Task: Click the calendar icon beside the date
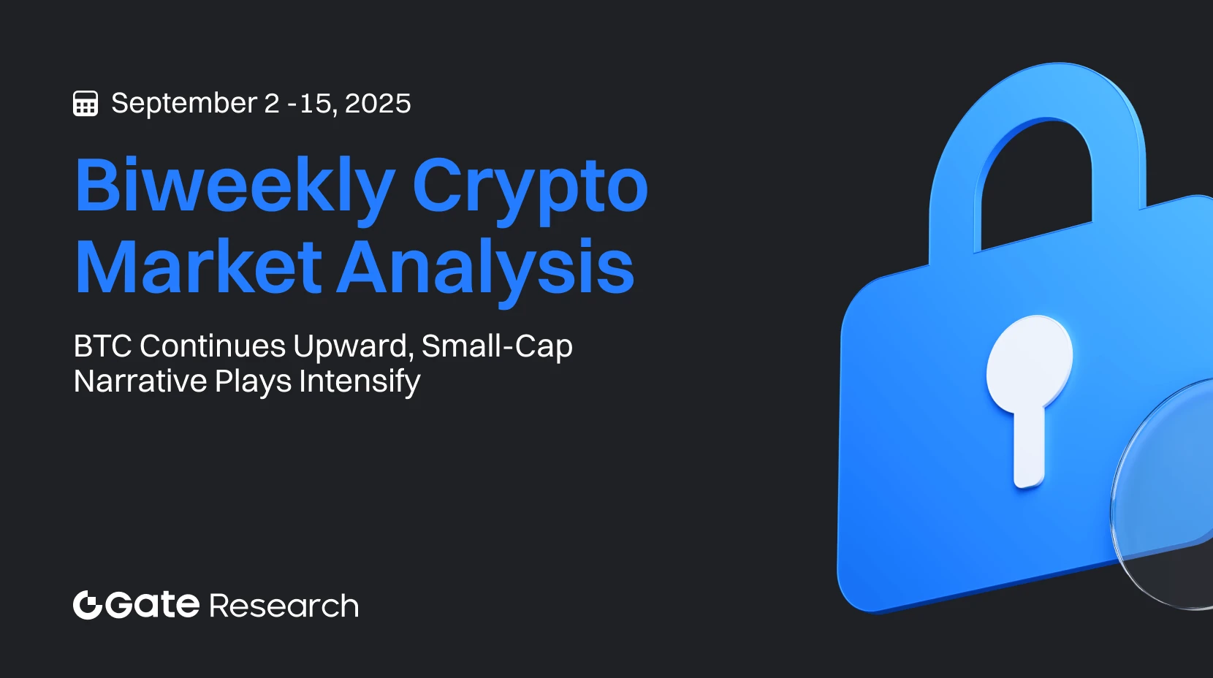coord(85,104)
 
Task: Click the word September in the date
coord(184,104)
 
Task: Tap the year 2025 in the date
coord(378,104)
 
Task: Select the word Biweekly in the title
coord(235,186)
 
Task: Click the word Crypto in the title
coord(530,186)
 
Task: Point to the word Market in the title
coord(198,267)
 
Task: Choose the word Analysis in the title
coord(486,267)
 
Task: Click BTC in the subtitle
coord(102,346)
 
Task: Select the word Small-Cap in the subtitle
coord(497,346)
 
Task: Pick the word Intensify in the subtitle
coord(360,381)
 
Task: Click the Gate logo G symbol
coord(87,605)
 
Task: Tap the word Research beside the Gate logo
coord(284,606)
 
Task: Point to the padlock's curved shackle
coord(1038,102)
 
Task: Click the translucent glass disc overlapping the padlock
coord(1169,504)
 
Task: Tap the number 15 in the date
coord(316,104)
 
